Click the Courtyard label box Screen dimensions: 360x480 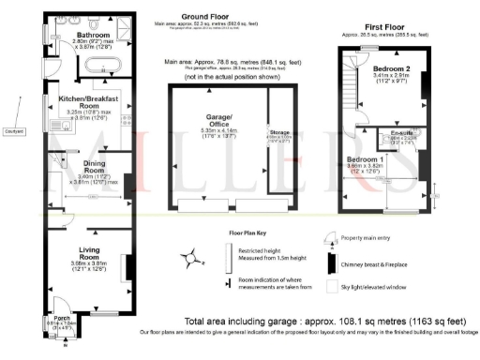click(x=13, y=130)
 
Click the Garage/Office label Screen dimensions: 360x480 click(x=211, y=125)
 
